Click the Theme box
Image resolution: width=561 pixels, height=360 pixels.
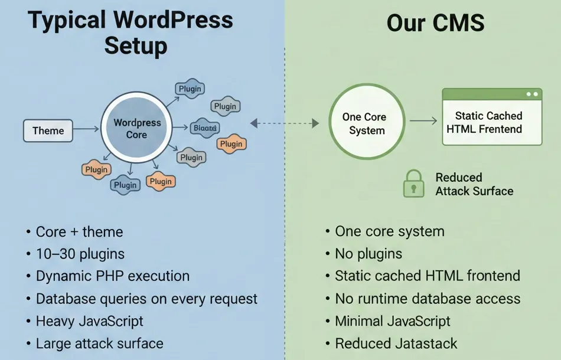48,130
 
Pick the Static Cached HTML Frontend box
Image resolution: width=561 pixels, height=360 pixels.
492,122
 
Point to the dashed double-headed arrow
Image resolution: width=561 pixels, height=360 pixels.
285,123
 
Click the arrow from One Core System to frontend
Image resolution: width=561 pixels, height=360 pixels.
423,122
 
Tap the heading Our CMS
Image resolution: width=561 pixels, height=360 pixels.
435,23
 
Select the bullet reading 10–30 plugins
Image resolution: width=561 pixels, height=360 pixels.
80,254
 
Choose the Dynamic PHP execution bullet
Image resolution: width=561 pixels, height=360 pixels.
113,276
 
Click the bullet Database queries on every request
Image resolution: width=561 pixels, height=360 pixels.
146,299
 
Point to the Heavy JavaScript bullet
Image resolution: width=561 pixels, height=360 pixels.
90,321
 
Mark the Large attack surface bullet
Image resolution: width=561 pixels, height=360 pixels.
99,343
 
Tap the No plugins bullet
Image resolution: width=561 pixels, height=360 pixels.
368,254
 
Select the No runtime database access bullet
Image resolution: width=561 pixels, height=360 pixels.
428,299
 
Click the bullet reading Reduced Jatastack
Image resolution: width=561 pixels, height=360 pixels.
396,343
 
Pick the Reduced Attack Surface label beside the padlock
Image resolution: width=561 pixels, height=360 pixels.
474,184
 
